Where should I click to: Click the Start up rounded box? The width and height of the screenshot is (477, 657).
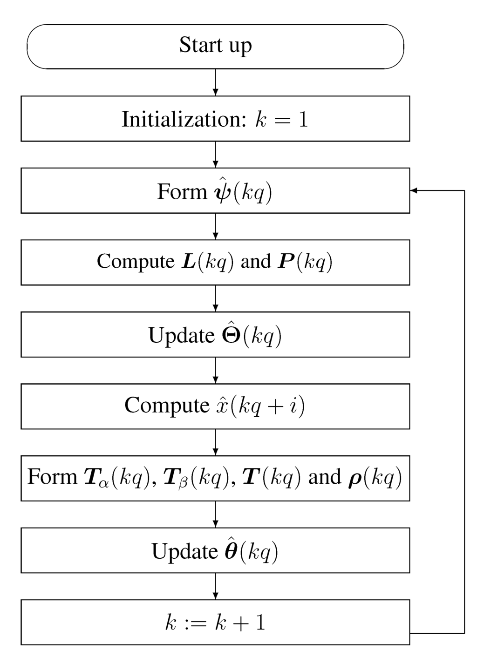215,47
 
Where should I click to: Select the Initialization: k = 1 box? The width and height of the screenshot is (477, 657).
215,119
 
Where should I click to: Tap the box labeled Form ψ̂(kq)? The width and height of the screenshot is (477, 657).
215,191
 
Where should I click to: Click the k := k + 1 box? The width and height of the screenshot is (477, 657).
215,623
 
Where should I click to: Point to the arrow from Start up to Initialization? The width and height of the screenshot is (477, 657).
215,82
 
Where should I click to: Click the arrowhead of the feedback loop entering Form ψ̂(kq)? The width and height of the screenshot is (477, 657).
414,190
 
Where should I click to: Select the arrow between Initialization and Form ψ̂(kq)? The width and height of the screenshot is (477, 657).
215,155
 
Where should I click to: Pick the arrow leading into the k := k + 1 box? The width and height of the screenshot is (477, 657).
215,586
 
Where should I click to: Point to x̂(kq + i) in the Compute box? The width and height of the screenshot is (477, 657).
261,406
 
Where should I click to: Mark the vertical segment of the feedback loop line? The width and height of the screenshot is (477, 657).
464,410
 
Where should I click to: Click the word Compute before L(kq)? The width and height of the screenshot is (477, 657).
135,262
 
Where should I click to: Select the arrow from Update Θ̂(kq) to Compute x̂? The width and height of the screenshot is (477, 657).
215,370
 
